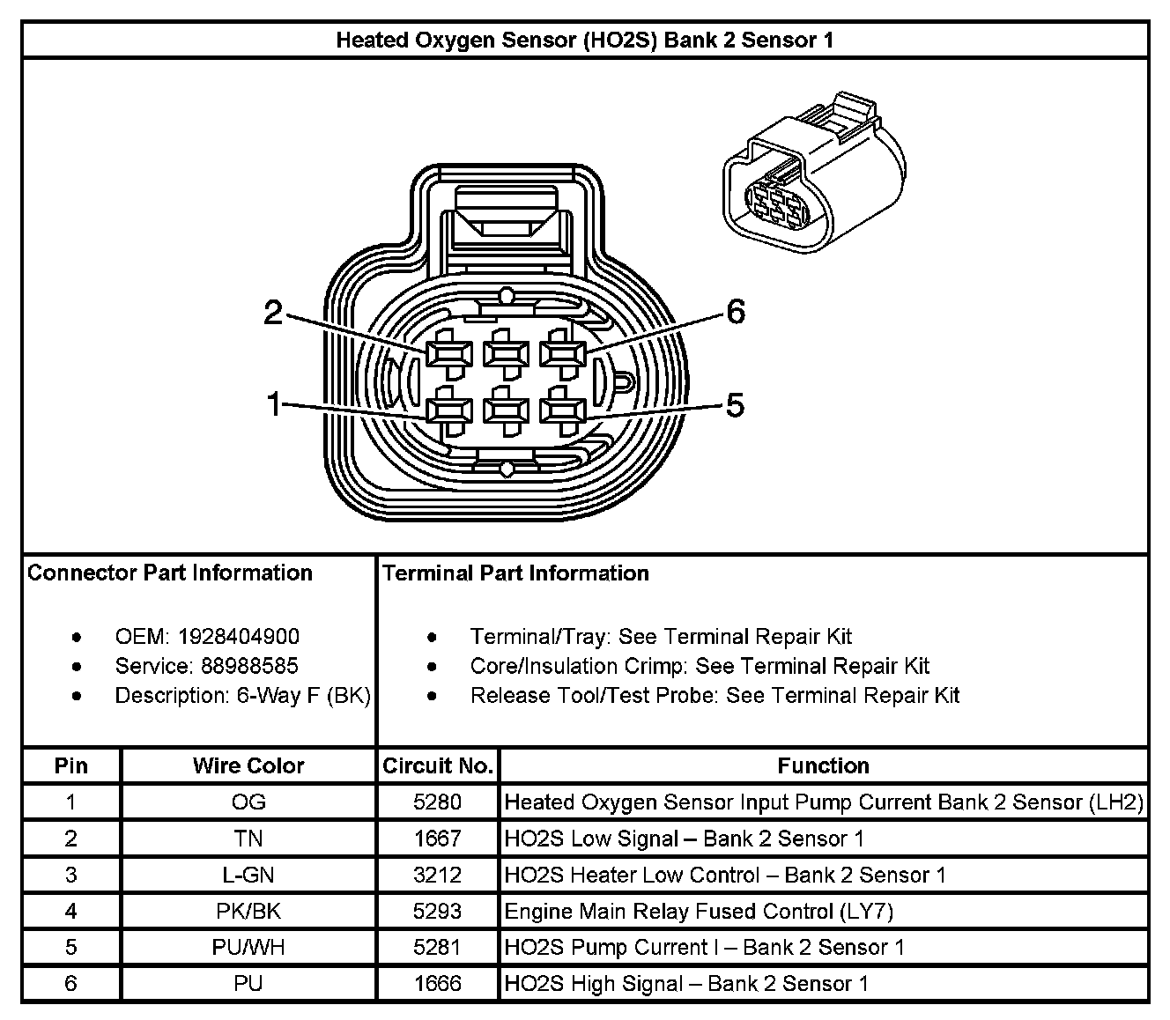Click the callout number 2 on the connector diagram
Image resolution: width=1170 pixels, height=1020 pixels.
pos(274,312)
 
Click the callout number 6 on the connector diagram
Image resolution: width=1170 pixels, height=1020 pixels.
pos(736,312)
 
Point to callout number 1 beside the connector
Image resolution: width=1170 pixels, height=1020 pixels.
pos(274,404)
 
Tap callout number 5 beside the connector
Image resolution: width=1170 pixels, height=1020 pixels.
pos(735,405)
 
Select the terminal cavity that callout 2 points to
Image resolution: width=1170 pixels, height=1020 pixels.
pos(444,354)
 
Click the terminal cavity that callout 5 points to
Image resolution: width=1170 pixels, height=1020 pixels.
pos(562,410)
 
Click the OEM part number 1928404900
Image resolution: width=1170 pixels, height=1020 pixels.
pos(238,636)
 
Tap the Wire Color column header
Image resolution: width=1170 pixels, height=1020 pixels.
pos(248,765)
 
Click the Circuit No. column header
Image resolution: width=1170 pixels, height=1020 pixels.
pos(438,765)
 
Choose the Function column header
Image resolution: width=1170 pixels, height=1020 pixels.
pos(823,765)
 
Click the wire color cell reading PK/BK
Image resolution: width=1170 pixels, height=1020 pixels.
pos(248,911)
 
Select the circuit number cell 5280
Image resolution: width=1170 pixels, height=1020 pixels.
pos(438,802)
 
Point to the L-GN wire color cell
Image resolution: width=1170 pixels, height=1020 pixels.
pos(248,875)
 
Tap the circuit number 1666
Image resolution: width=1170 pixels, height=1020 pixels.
pos(438,983)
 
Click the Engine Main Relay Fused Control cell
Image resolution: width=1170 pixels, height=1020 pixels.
pos(699,911)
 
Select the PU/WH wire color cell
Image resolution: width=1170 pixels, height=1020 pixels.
pos(248,947)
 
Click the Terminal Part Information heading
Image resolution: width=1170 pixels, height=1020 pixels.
pos(516,573)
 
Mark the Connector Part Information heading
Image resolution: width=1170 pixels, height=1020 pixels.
pos(170,573)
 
